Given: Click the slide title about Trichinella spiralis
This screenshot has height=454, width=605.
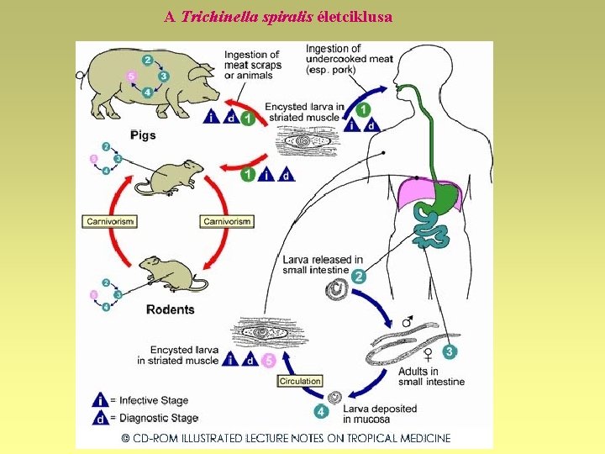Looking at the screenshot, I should [x=278, y=16].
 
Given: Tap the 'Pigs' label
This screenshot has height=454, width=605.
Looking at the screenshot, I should [x=143, y=135].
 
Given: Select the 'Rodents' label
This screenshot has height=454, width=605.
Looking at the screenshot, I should [x=170, y=309].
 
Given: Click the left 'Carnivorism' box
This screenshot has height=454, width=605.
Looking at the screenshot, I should [x=110, y=221].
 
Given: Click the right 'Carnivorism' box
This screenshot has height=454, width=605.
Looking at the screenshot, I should [x=227, y=221].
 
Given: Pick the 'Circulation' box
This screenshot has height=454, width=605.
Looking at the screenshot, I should [x=300, y=381].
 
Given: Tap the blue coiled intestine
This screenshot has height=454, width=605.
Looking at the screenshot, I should [x=432, y=228].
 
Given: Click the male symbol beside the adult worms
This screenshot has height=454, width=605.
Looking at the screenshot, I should [x=408, y=321].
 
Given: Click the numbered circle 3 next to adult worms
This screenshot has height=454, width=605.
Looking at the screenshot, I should [x=450, y=351].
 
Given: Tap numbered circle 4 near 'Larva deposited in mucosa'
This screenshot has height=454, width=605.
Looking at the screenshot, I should [x=320, y=412].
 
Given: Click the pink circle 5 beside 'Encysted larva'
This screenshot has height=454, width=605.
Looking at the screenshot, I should [x=268, y=360].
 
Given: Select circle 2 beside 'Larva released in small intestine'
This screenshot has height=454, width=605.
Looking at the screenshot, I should [x=359, y=277].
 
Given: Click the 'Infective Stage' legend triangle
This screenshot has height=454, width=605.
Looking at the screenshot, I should [x=101, y=401].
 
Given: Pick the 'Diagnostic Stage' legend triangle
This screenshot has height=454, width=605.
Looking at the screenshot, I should [x=101, y=418].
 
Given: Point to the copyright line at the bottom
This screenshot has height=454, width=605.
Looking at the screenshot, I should [x=286, y=438].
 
